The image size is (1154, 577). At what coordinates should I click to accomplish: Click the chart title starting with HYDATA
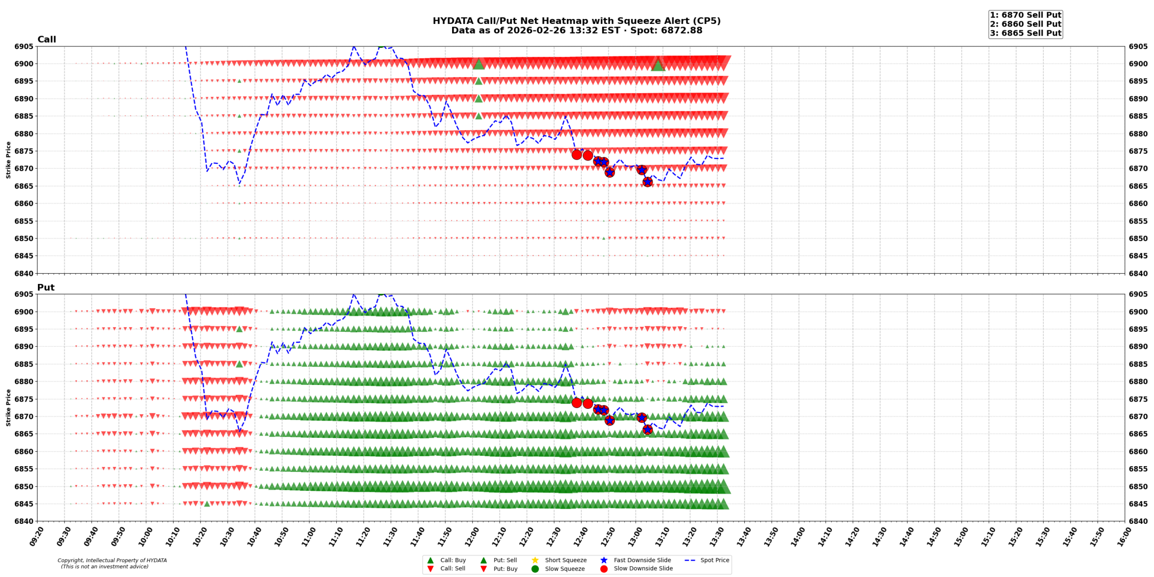(576, 21)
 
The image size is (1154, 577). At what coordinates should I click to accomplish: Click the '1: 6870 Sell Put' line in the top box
(1025, 15)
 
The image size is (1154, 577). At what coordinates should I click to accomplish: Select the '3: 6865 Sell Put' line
(1025, 33)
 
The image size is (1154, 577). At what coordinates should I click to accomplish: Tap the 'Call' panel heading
(46, 40)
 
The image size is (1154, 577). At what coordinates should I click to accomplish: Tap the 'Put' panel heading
(46, 288)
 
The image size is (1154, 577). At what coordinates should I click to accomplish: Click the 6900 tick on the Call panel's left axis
(24, 64)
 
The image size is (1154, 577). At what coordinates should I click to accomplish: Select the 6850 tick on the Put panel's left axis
(24, 487)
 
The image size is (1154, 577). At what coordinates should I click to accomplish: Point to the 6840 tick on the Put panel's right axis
(1138, 522)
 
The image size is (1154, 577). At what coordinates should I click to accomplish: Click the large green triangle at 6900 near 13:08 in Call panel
(658, 65)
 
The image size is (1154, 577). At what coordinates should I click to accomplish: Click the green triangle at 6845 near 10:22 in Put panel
(207, 504)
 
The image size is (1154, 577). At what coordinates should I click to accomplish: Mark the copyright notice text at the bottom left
(112, 563)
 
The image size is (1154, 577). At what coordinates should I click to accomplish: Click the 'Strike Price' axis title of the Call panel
(8, 160)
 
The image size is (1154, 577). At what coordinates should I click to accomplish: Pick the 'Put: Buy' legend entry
(505, 569)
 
